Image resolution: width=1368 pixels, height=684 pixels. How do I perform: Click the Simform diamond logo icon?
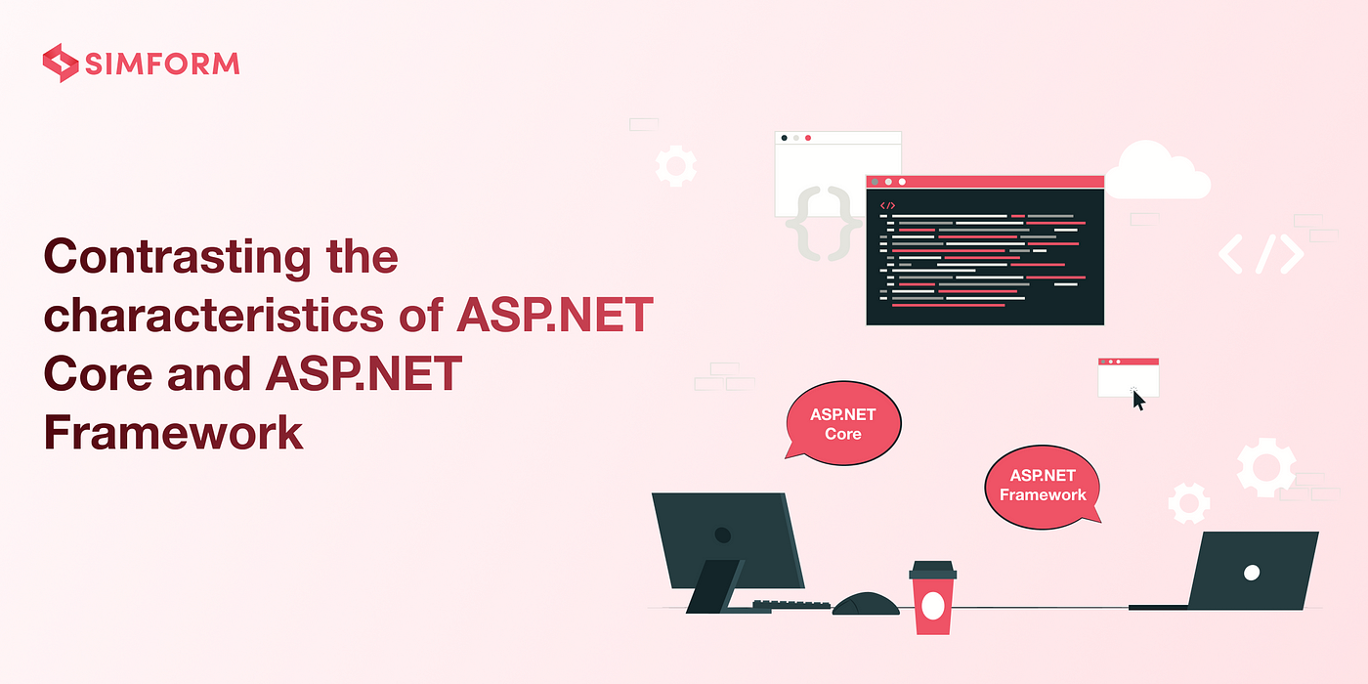pos(61,63)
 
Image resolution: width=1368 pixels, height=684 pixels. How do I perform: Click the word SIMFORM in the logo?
pos(162,64)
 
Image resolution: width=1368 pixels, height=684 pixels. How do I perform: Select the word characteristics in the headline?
pos(214,316)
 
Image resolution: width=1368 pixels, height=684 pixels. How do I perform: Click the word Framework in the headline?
pos(174,432)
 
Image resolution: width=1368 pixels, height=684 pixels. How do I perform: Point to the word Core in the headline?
pos(98,373)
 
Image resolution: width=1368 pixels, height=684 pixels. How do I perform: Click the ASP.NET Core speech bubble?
pos(842,423)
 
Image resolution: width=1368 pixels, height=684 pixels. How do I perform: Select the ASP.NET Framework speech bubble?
pos(1044,487)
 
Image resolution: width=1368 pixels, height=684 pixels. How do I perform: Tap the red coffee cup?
pos(932,598)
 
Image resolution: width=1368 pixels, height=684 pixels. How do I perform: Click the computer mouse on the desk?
pos(866,604)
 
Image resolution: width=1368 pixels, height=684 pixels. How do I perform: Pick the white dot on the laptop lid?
pos(1252,573)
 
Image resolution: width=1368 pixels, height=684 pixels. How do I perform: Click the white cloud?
pos(1157,170)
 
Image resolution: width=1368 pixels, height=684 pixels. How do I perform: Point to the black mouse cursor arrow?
pos(1138,401)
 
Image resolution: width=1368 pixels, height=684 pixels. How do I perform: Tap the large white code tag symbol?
pos(1261,253)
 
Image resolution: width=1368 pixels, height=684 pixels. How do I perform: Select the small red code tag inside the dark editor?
pos(887,206)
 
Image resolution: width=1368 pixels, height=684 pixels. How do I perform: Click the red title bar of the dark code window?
pos(985,182)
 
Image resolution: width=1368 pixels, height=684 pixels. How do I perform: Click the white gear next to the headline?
pos(675,165)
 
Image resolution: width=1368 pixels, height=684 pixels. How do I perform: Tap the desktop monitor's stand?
pos(714,586)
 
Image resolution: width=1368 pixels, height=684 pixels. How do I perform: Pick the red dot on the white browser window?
pos(808,138)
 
